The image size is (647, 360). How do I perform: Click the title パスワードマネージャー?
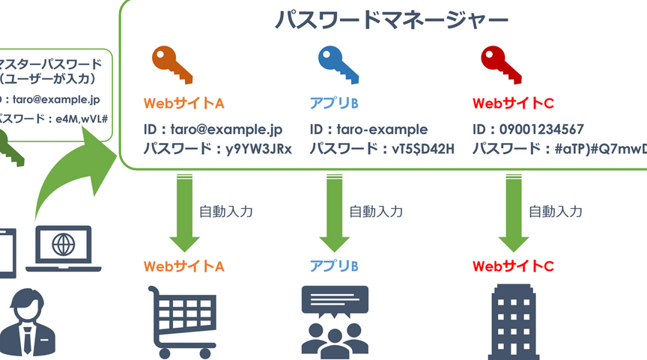381,19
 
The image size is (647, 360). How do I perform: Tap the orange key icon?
171,64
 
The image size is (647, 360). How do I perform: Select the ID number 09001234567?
539,129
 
